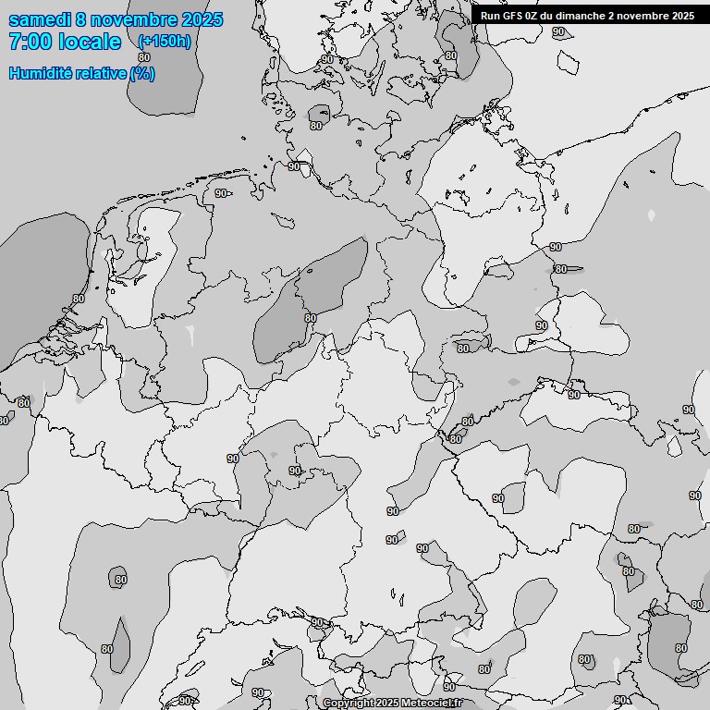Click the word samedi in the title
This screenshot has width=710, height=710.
(x=41, y=19)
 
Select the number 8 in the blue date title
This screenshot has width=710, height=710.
(x=83, y=19)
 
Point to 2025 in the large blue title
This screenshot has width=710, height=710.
(x=202, y=19)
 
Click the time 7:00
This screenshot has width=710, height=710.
(x=29, y=42)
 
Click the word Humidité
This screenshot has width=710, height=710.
(x=40, y=73)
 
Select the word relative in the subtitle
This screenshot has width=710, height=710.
(x=99, y=73)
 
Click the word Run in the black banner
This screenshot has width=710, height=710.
(x=490, y=16)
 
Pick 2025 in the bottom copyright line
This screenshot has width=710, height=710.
(x=387, y=704)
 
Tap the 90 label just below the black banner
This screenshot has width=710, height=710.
(x=558, y=31)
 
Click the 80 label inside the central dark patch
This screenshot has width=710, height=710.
(x=310, y=318)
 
